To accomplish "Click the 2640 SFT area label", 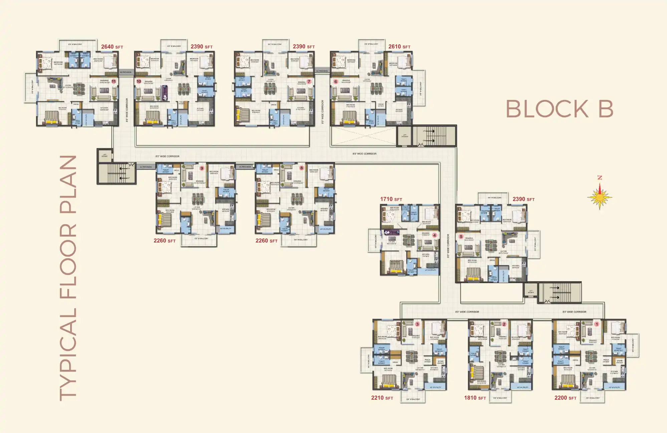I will pos(112,47).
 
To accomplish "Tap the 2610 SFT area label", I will pos(399,47).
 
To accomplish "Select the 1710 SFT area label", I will pos(391,199).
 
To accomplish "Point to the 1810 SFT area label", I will pos(475,398).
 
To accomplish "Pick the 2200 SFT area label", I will pos(565,398).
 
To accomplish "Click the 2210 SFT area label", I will pos(382,398).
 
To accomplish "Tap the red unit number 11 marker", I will pos(114,82).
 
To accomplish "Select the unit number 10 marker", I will pos(139,82).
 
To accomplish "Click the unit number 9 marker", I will pos(202,168).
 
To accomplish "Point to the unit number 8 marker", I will pos(301,168).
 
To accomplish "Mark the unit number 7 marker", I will pos(309,82).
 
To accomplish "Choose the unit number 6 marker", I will pos(336,82).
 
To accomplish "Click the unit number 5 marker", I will pos(461,237).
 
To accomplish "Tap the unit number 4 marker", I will pos(434,235).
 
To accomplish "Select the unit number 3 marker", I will pos(417,324).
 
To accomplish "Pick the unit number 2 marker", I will pos(504,324).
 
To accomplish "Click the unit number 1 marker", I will pos(597,324).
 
